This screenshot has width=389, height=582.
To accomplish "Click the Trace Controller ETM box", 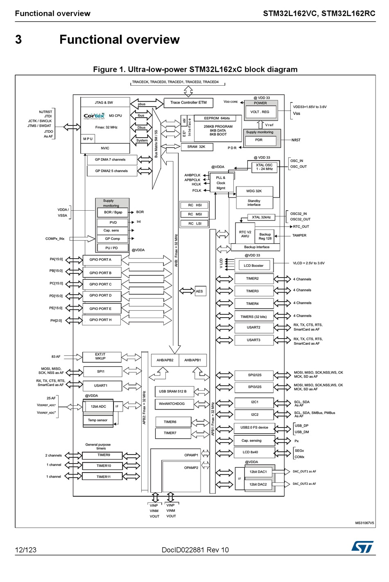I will click(x=188, y=102).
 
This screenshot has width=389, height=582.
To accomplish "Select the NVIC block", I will click(x=105, y=148).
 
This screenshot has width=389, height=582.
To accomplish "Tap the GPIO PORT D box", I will click(x=101, y=296).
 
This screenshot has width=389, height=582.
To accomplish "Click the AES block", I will click(x=199, y=291).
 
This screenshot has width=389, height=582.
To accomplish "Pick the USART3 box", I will click(x=253, y=340).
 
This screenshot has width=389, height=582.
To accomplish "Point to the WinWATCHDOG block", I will click(x=172, y=404).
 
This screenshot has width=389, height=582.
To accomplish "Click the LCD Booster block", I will click(x=253, y=266).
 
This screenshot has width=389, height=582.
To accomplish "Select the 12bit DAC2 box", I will click(x=258, y=484).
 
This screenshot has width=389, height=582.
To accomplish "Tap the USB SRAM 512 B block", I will click(x=173, y=391).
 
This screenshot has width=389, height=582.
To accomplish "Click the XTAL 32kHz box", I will click(x=261, y=217).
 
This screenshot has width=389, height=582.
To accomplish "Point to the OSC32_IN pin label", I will click(x=299, y=214).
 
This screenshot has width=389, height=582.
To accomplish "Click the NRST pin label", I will click(x=296, y=140).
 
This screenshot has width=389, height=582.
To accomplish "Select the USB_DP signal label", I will click(x=302, y=425).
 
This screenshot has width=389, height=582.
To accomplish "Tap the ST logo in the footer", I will click(x=362, y=547).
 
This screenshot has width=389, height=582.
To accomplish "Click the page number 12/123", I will click(x=25, y=550).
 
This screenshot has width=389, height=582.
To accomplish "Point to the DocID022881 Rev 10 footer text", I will click(x=195, y=550).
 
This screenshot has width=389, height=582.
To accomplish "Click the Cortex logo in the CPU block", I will click(x=94, y=116).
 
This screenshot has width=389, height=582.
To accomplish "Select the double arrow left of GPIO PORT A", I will click(x=74, y=260).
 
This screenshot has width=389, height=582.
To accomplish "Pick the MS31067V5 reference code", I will click(x=364, y=523).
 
